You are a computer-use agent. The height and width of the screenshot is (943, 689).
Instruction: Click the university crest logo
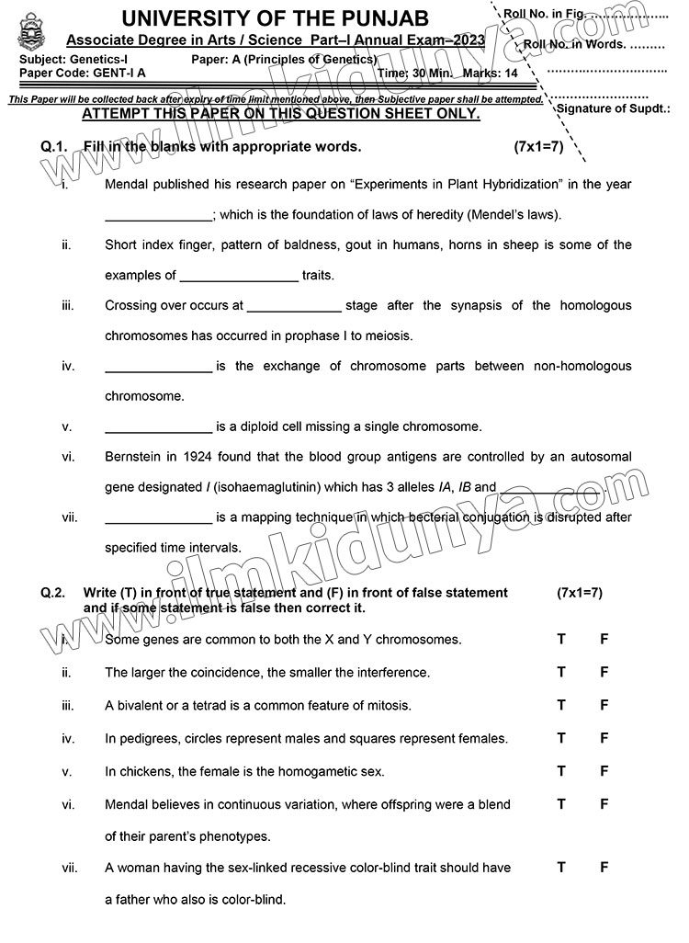[27, 34]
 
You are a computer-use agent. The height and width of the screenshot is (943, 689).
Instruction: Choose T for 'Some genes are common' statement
[561, 639]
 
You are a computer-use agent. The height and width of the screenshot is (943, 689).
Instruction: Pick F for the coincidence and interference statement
[604, 672]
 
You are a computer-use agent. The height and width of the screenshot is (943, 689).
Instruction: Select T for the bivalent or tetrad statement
[561, 705]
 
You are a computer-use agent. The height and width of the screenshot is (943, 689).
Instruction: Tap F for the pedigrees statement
[604, 738]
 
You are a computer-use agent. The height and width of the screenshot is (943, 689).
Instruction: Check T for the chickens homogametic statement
[561, 771]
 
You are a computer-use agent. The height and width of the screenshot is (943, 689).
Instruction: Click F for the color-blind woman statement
[604, 867]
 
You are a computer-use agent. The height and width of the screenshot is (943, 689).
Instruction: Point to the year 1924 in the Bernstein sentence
[197, 456]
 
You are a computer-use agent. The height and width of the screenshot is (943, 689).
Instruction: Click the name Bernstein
[136, 456]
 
